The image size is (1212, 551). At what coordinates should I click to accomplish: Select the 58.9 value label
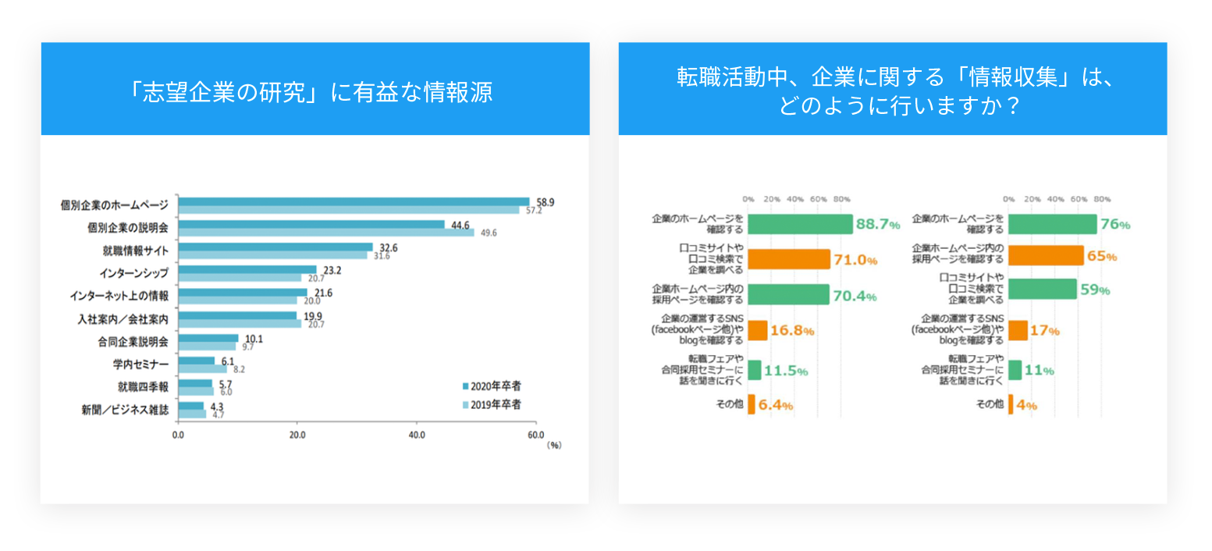[546, 202]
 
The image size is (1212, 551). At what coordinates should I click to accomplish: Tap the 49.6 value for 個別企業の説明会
[489, 233]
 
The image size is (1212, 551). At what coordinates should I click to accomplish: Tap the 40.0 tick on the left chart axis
[416, 435]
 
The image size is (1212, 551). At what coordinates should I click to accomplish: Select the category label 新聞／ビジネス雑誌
[125, 410]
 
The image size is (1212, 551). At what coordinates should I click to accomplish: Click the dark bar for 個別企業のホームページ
[354, 201]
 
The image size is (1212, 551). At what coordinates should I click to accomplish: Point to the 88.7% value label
[878, 225]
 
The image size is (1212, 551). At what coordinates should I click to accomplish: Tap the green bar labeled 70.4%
[787, 295]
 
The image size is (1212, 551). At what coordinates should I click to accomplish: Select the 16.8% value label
[792, 331]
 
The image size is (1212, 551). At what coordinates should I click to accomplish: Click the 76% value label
[1115, 225]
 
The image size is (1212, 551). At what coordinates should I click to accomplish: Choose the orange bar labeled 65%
[1046, 256]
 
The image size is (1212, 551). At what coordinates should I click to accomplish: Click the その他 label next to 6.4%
[729, 404]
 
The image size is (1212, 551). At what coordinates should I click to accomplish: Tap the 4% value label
[1026, 405]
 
